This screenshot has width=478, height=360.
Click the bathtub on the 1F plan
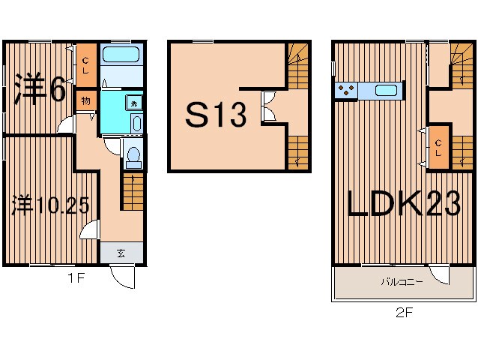121,55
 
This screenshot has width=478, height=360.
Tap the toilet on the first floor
133,157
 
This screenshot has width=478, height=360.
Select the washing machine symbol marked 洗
134,103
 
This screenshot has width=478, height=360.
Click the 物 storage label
85,100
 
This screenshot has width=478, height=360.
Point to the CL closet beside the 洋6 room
86,65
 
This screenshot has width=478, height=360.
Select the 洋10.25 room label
50,205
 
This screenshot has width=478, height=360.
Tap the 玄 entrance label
121,253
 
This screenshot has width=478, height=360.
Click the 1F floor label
76,278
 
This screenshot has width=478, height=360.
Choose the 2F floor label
405,313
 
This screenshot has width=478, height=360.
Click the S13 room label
216,115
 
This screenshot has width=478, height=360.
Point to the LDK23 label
404,203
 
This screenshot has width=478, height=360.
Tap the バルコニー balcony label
402,281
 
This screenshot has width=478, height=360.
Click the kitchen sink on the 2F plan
387,90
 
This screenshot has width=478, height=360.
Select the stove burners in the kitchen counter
346,90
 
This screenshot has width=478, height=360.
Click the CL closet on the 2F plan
438,147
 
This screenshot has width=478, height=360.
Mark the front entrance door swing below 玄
122,277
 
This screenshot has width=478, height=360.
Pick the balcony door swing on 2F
439,275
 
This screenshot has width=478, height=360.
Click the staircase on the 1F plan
133,191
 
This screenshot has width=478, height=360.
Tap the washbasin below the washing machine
137,123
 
